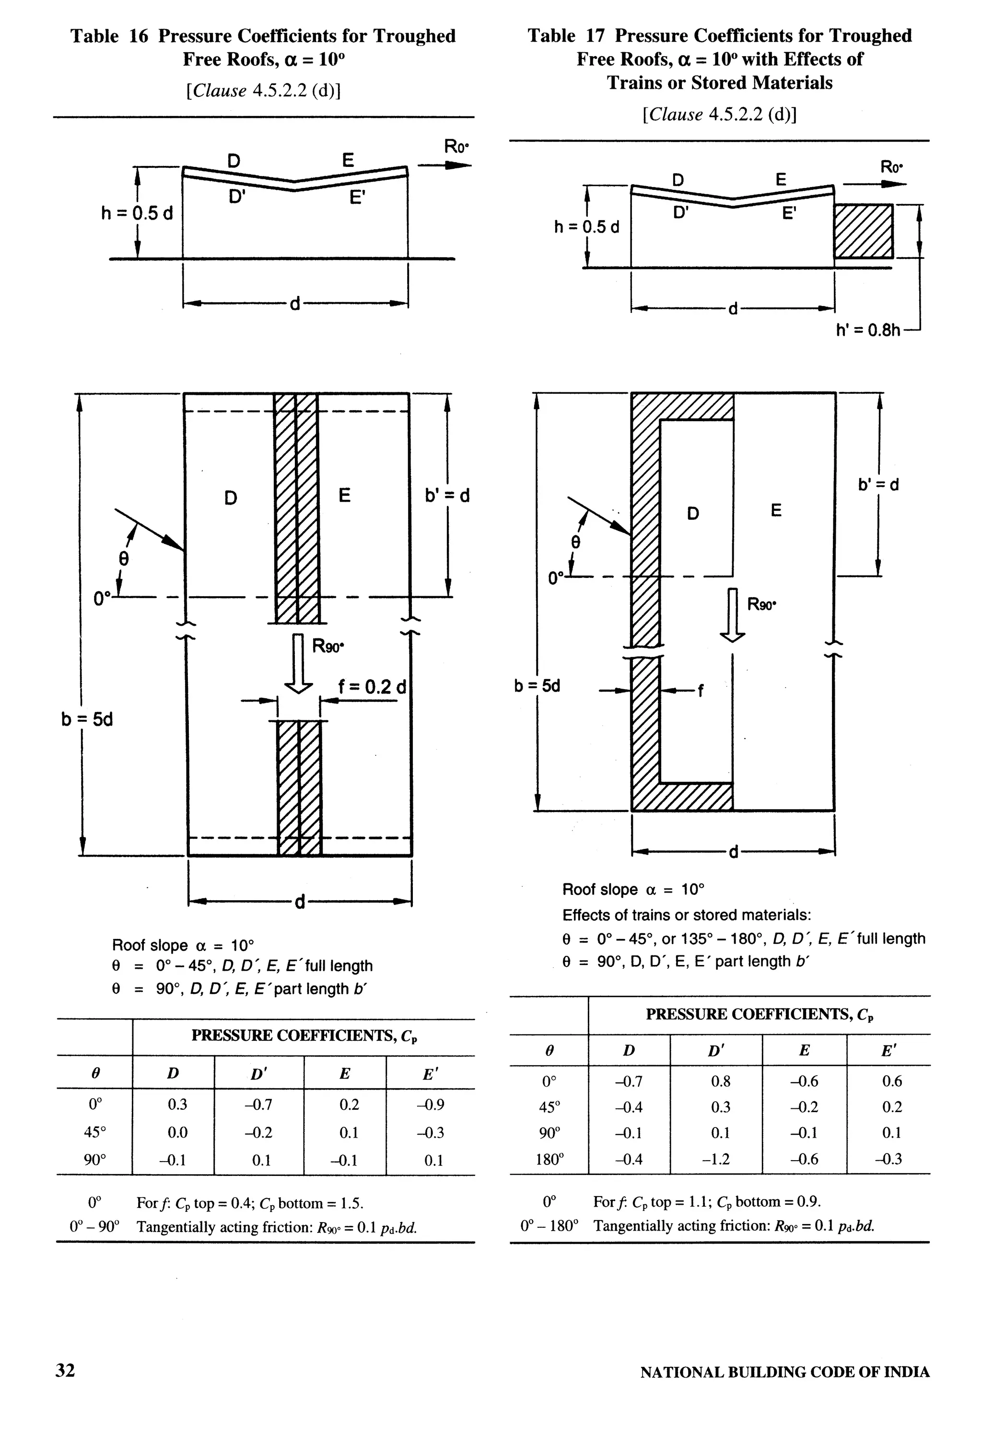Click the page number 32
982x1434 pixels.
point(65,1370)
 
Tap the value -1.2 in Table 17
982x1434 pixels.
point(716,1159)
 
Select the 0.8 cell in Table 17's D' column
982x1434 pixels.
point(720,1081)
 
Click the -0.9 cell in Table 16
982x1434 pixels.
point(431,1105)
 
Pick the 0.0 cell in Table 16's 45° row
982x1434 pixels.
point(177,1132)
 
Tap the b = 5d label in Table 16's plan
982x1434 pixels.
point(87,719)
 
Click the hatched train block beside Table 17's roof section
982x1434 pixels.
point(863,231)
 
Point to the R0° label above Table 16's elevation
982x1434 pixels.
point(456,147)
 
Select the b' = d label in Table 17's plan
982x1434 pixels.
point(878,484)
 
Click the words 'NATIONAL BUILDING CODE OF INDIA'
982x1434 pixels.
point(784,1372)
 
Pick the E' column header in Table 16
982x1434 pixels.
point(430,1074)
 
